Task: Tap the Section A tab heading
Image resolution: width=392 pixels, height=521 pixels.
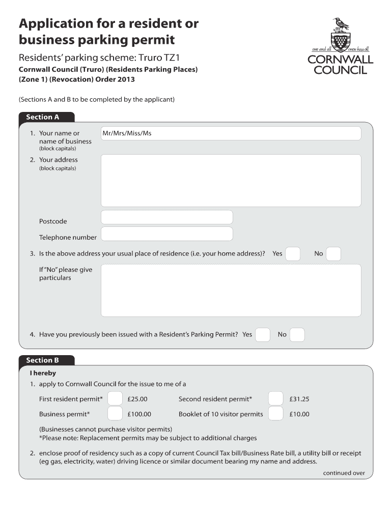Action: [x=43, y=117]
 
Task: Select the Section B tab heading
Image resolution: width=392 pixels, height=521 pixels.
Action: [x=43, y=360]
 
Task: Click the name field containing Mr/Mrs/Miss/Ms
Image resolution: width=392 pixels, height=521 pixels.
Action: [x=231, y=133]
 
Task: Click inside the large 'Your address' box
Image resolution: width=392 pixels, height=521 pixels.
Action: [x=231, y=180]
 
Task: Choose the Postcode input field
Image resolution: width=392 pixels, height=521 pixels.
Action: [x=167, y=217]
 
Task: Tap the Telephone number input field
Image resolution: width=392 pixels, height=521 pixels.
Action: [x=167, y=234]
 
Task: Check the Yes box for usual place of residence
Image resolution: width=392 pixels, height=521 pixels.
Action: [x=293, y=253]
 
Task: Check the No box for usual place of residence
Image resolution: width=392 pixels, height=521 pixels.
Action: [x=333, y=253]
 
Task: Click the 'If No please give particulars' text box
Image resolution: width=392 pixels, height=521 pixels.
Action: [x=231, y=290]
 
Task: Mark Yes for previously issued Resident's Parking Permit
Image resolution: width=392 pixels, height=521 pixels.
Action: [x=263, y=334]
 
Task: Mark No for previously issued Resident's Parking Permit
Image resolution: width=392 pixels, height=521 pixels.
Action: [x=297, y=334]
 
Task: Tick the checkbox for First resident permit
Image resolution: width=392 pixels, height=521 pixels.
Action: [x=116, y=399]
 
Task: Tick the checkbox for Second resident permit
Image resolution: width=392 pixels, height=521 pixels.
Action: [x=276, y=399]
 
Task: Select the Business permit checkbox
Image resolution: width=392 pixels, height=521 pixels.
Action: [x=116, y=414]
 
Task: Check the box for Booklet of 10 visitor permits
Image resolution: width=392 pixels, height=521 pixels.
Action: [x=276, y=414]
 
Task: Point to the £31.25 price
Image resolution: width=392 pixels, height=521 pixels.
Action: [x=299, y=399]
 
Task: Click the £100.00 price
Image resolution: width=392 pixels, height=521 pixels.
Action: [x=139, y=414]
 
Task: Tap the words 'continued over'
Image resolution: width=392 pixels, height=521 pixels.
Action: [x=344, y=473]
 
